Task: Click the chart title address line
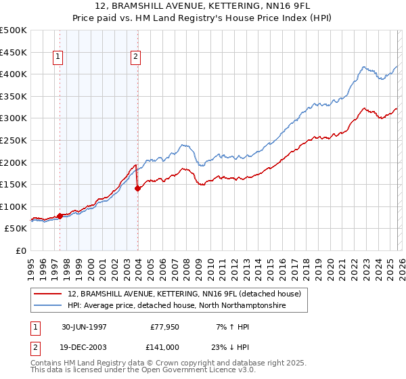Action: pos(203,6)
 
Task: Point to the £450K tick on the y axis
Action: pos(14,52)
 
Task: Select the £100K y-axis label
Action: pos(14,207)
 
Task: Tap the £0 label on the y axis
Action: pos(20,251)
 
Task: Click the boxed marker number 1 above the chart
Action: pos(59,58)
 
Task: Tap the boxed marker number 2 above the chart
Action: pos(136,58)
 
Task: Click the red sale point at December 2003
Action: pos(138,189)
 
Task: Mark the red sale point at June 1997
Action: pos(60,217)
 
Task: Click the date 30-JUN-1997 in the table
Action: pos(84,326)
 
